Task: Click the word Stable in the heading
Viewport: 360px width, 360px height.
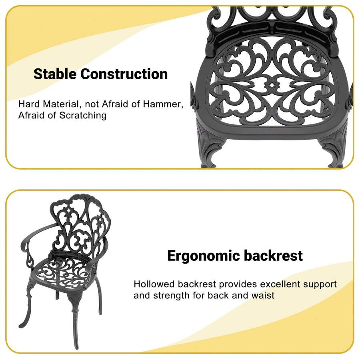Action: pos(55,74)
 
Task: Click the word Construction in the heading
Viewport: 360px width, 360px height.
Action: pos(124,74)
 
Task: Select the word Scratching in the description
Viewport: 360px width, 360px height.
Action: pos(83,116)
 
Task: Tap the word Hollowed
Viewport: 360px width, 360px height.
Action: pos(154,284)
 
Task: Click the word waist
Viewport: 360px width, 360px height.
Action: pos(263,296)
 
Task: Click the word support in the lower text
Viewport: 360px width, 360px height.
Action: pos(320,285)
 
